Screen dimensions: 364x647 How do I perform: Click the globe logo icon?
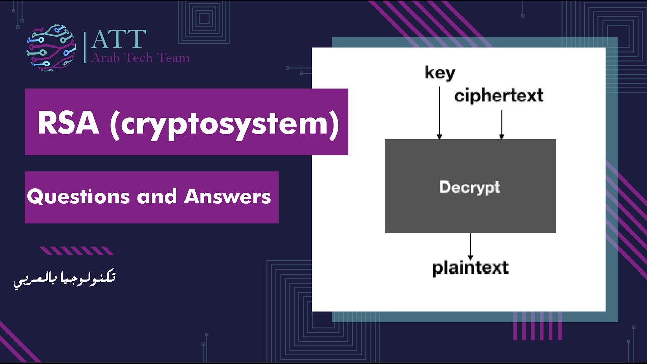pos(51,48)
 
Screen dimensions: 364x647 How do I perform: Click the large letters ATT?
pos(118,40)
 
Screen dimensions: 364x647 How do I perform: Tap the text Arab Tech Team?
pos(140,58)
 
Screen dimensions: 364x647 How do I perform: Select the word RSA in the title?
pos(68,123)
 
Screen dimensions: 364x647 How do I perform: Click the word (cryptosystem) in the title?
pos(224,123)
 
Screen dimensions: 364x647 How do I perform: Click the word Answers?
pos(227,197)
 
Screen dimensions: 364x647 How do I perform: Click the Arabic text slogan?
pos(65,279)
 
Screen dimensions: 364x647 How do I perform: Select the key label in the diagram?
pos(440,73)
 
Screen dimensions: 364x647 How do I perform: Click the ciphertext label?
pos(498,95)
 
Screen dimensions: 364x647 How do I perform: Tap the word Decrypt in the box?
pos(470,187)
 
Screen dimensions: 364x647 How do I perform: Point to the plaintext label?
pos(470,267)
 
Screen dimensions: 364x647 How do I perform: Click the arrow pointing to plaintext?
pos(470,246)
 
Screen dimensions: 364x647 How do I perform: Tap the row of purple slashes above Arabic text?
pos(76,251)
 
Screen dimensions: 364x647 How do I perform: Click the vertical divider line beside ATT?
pos(85,47)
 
